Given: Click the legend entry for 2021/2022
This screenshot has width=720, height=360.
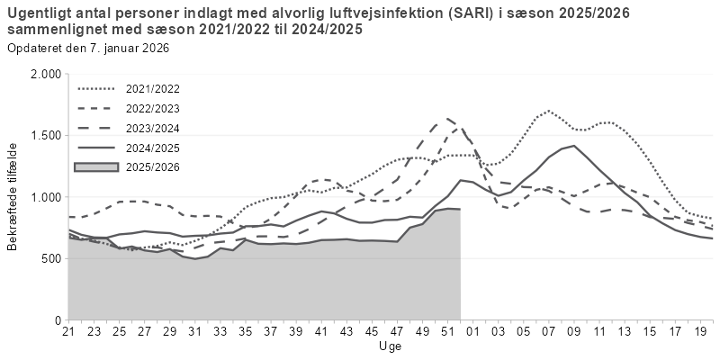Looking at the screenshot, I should point(154,89).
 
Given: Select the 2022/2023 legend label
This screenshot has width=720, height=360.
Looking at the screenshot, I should point(154,108).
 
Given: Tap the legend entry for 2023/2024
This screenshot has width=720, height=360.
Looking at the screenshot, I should point(154,128).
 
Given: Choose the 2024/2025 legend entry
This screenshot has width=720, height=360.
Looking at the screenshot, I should point(154,147).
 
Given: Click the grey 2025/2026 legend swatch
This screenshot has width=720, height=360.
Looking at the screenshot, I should point(97,166).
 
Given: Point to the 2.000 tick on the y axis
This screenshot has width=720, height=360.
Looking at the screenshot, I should point(45,74).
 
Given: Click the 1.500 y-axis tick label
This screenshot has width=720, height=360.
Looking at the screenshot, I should point(45,135).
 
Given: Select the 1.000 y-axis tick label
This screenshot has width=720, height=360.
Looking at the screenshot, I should point(45,197).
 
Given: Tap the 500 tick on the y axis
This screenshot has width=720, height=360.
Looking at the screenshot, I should point(50,258).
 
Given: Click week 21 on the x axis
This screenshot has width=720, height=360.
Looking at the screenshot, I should point(67,332).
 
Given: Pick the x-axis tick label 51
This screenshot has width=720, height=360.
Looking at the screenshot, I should point(447,332).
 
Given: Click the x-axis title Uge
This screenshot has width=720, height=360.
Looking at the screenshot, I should point(390,346).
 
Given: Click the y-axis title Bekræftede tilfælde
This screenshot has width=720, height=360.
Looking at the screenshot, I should point(13,196).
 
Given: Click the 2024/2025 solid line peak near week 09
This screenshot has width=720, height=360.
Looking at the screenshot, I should point(573,146).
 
